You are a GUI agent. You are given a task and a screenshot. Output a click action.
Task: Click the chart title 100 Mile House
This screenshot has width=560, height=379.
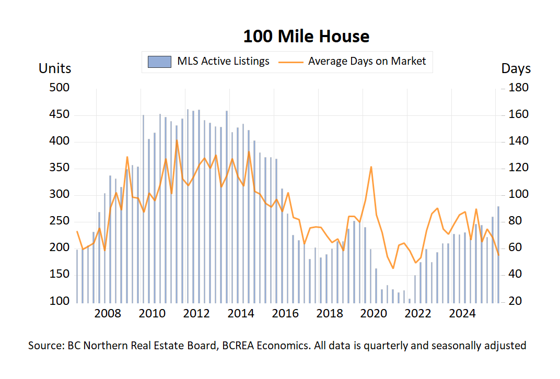coord(306,37)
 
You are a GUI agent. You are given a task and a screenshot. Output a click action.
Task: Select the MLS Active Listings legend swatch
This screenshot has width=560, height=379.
coord(159,62)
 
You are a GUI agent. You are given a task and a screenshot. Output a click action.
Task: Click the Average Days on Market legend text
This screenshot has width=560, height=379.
coord(367,61)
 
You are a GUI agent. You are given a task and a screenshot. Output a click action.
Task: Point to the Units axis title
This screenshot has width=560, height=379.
coord(55,68)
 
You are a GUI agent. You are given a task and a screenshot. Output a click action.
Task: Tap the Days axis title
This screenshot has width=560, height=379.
coord(516,68)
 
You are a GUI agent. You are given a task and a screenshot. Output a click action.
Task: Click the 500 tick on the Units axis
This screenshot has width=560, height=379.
coord(59,88)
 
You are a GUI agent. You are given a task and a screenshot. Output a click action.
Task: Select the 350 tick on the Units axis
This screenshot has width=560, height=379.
coord(59,168)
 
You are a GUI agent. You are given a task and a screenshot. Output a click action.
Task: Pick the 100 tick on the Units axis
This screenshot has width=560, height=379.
coord(59,302)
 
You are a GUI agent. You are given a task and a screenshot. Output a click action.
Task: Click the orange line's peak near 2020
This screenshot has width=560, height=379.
coord(371,167)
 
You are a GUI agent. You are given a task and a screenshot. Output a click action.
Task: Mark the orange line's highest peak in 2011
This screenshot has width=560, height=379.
coord(177,140)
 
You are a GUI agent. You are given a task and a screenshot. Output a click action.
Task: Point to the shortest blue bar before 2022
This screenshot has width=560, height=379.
coord(410,300)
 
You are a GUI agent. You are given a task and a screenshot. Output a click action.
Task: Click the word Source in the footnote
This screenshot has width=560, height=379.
coord(45,346)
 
